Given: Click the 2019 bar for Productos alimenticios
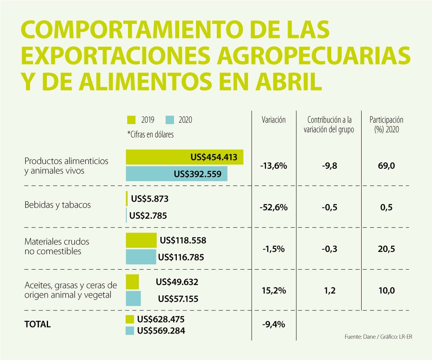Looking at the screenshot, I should coord(184,157).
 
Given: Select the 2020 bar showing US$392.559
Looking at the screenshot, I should coord(176,174).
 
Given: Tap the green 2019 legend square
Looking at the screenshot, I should coord(131,120).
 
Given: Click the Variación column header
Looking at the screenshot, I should coord(274,120).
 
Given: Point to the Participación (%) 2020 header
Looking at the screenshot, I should coord(386,124).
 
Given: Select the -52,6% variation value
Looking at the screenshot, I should coord(274,207).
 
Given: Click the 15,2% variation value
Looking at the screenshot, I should coord(274,291).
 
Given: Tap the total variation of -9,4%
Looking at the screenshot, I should coord(274,324).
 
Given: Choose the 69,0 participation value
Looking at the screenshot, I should coord(386,166).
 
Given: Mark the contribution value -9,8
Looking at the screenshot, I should coord(330,166).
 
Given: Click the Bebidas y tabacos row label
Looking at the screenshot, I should coord(58,205).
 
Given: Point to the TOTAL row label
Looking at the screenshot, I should coord(38,324).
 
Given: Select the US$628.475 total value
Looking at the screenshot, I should coord(161,319).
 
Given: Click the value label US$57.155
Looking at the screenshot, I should coord(178,299).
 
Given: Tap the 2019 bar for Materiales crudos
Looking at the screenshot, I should coord(141,240).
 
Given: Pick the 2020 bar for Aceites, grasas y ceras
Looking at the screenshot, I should coord(133,298).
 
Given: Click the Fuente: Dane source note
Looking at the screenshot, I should coord(378,337).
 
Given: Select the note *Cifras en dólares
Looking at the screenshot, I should coord(150,134).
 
